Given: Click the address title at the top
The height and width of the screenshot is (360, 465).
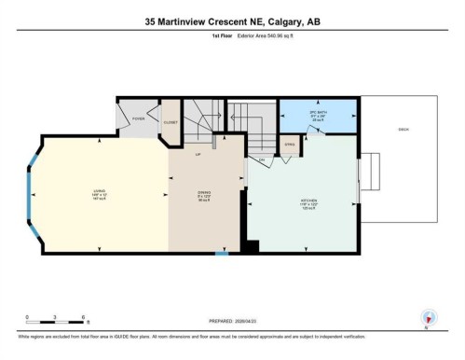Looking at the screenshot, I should (x=232, y=21).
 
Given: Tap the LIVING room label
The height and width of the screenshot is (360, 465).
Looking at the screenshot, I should (x=99, y=193).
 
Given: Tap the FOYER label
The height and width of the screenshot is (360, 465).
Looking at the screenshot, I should (x=138, y=118).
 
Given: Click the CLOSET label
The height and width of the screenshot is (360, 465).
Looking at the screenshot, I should (x=170, y=122).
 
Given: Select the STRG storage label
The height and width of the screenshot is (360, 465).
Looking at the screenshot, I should (x=290, y=144).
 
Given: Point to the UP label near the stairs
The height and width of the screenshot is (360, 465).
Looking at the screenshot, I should (x=198, y=155).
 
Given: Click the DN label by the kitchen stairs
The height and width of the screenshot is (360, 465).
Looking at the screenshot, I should (x=263, y=160).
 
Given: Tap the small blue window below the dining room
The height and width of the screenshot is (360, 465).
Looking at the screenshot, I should (x=221, y=253).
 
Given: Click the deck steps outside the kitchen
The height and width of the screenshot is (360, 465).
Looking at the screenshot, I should (x=370, y=176).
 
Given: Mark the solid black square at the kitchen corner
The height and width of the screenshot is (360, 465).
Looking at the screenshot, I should (x=250, y=245).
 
